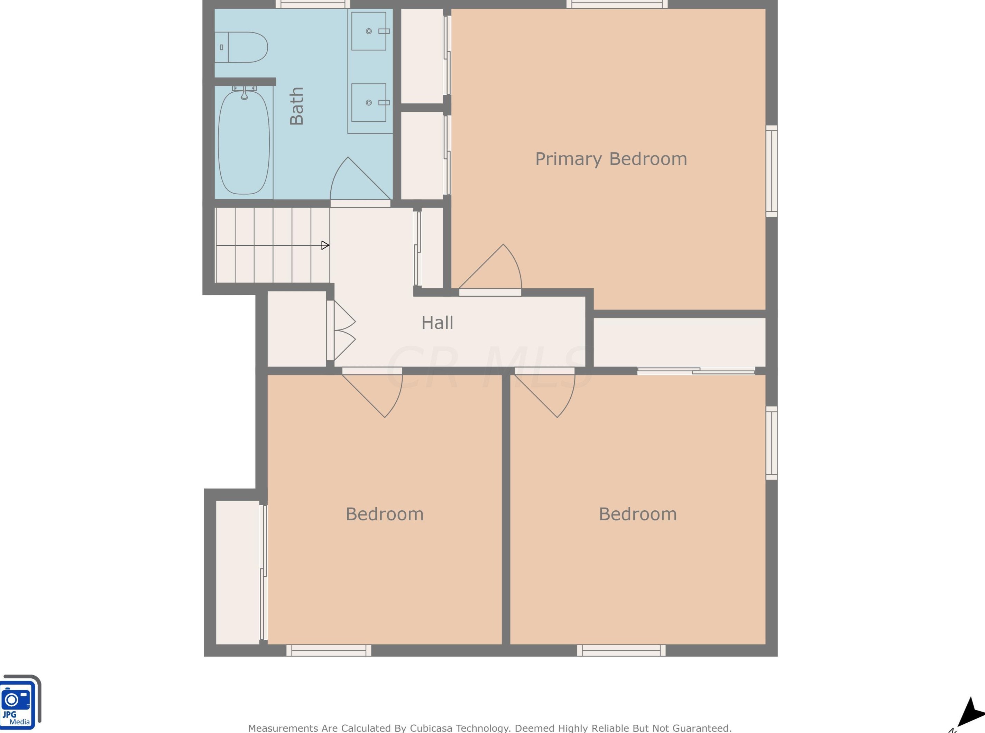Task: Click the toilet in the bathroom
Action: coord(242,47)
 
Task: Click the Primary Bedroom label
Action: coord(611,159)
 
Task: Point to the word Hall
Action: coord(437,323)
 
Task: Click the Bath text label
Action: coord(296,106)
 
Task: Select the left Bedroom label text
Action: coord(384,514)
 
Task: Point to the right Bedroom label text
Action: coord(637,514)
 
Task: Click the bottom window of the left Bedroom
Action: coord(329,650)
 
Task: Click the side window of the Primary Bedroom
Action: coord(772,171)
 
